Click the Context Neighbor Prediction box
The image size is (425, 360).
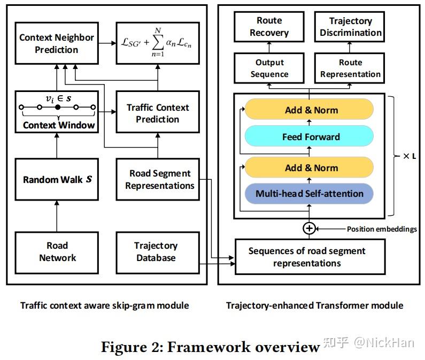point(57,44)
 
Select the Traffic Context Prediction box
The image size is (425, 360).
point(157,113)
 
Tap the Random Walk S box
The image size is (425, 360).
point(57,179)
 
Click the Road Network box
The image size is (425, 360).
point(57,251)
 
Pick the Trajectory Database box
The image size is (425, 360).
point(156,251)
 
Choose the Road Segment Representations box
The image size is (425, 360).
point(159,180)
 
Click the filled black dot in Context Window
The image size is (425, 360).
point(58,108)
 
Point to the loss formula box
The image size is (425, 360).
point(157,44)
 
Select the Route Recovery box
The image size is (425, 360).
point(269,27)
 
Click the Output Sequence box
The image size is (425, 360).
point(269,68)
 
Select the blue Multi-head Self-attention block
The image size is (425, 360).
point(309,194)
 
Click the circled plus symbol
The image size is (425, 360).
point(309,228)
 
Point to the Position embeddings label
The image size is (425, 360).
point(382,229)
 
